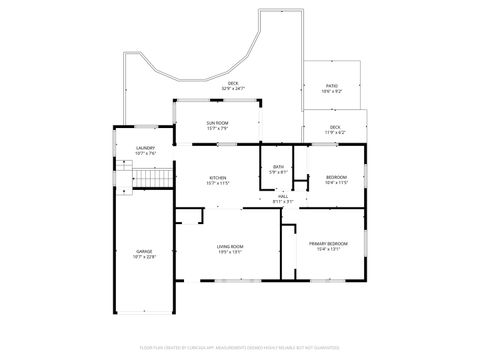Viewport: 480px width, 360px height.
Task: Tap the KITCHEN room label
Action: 217,178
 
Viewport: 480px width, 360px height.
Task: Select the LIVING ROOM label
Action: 230,246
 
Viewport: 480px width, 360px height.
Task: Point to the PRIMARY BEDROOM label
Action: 328,244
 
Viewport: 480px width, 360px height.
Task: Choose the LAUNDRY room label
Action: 146,148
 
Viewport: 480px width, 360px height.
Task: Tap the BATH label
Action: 278,167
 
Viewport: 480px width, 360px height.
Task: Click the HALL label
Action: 283,196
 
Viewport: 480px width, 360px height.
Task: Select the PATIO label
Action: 331,86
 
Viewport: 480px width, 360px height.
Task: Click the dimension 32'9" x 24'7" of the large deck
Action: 233,89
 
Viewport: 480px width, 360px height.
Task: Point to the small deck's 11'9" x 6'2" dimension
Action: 335,132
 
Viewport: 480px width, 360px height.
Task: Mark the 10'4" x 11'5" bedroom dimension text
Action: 336,183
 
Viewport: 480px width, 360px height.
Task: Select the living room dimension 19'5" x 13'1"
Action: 230,252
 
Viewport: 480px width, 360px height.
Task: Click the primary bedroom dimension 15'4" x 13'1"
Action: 328,250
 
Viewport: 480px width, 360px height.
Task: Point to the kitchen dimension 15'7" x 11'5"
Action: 217,184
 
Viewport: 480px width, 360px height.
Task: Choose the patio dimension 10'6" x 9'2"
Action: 331,92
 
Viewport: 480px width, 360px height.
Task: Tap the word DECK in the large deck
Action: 233,83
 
